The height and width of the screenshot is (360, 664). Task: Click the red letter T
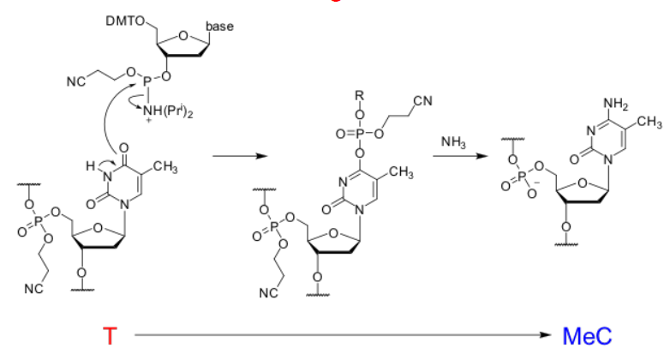pos(109,336)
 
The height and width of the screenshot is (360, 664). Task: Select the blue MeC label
pos(588,336)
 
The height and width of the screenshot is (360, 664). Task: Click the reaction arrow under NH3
pos(462,157)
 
